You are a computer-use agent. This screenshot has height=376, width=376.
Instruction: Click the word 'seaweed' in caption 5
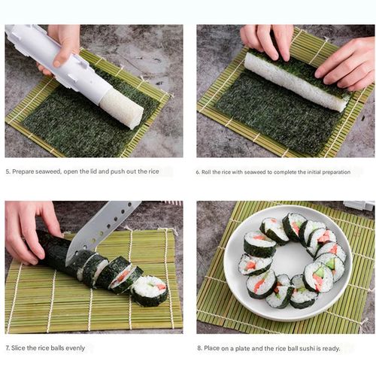point(49,171)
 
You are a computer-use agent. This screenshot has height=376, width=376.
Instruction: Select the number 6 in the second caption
point(199,171)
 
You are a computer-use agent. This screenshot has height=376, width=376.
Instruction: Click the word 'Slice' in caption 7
point(20,348)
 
